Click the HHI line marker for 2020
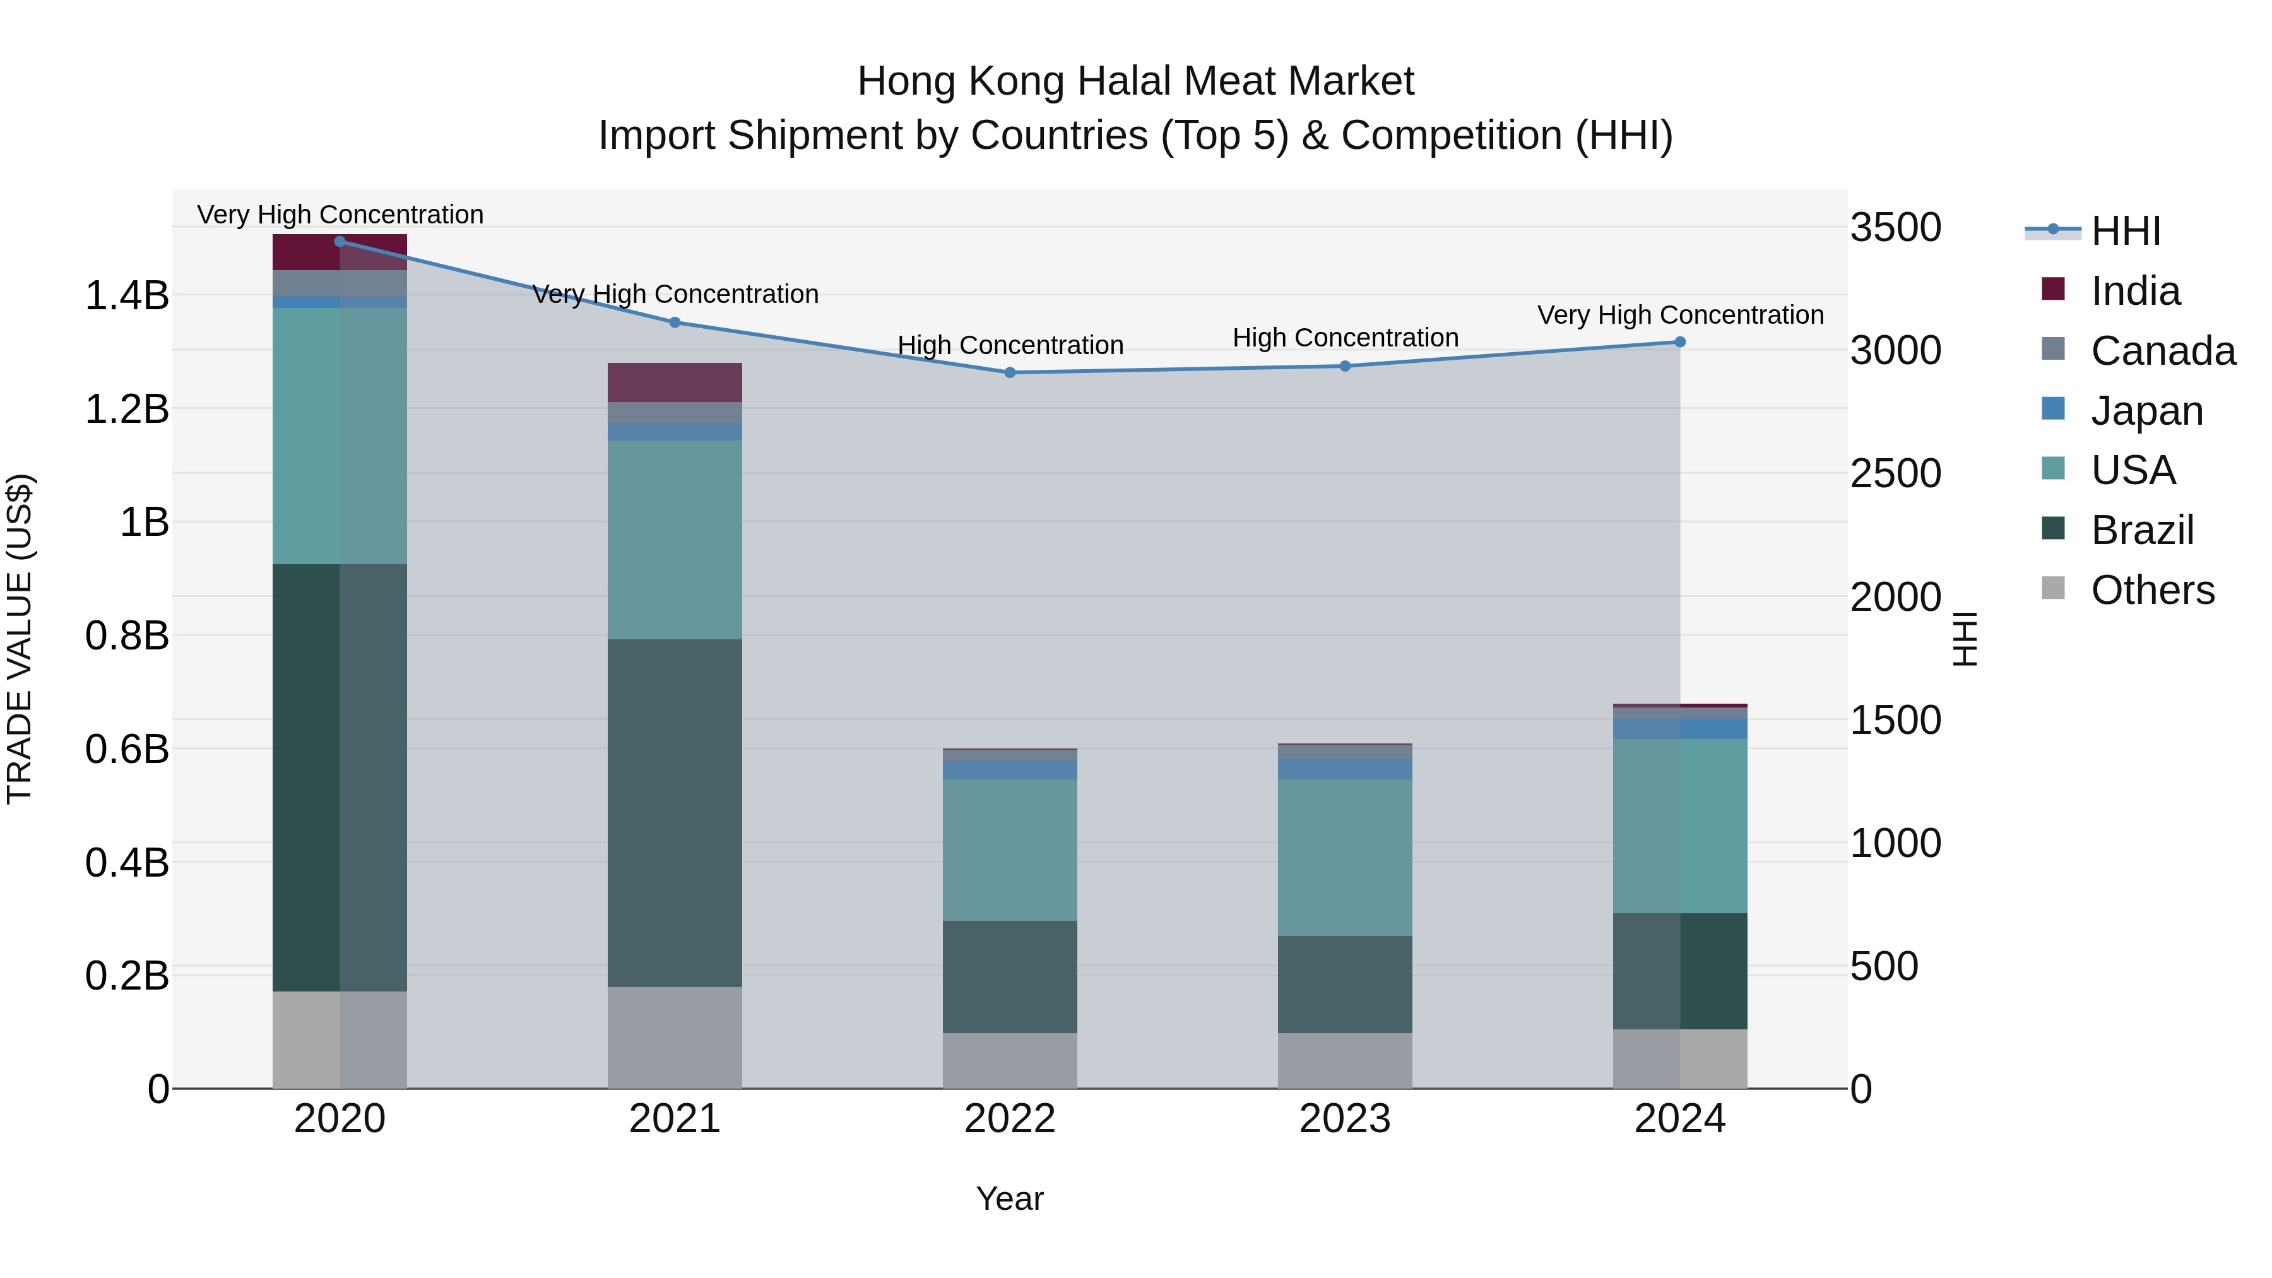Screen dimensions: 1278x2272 tap(340, 242)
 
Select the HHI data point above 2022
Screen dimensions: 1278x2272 tap(1010, 373)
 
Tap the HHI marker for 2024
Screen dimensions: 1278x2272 tap(1679, 342)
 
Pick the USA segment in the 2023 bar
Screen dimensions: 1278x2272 tap(1345, 857)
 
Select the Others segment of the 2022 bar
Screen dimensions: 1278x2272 tap(1010, 1060)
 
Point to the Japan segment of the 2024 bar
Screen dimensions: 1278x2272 tap(1679, 728)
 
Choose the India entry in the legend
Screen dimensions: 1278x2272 tap(2134, 291)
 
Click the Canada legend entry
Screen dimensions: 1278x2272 tap(2162, 351)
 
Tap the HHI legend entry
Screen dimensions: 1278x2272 tap(2125, 231)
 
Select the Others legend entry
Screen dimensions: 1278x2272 tap(2151, 590)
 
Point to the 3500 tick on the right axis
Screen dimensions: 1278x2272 tap(1895, 228)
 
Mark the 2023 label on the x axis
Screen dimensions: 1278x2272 tap(1345, 1119)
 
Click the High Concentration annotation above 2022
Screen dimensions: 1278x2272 tap(1010, 345)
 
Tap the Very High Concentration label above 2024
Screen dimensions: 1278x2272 tap(1679, 315)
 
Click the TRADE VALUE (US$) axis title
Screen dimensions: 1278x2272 tap(20, 639)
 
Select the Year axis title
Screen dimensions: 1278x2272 tap(1010, 1198)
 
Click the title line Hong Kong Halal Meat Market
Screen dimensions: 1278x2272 tap(1135, 81)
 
